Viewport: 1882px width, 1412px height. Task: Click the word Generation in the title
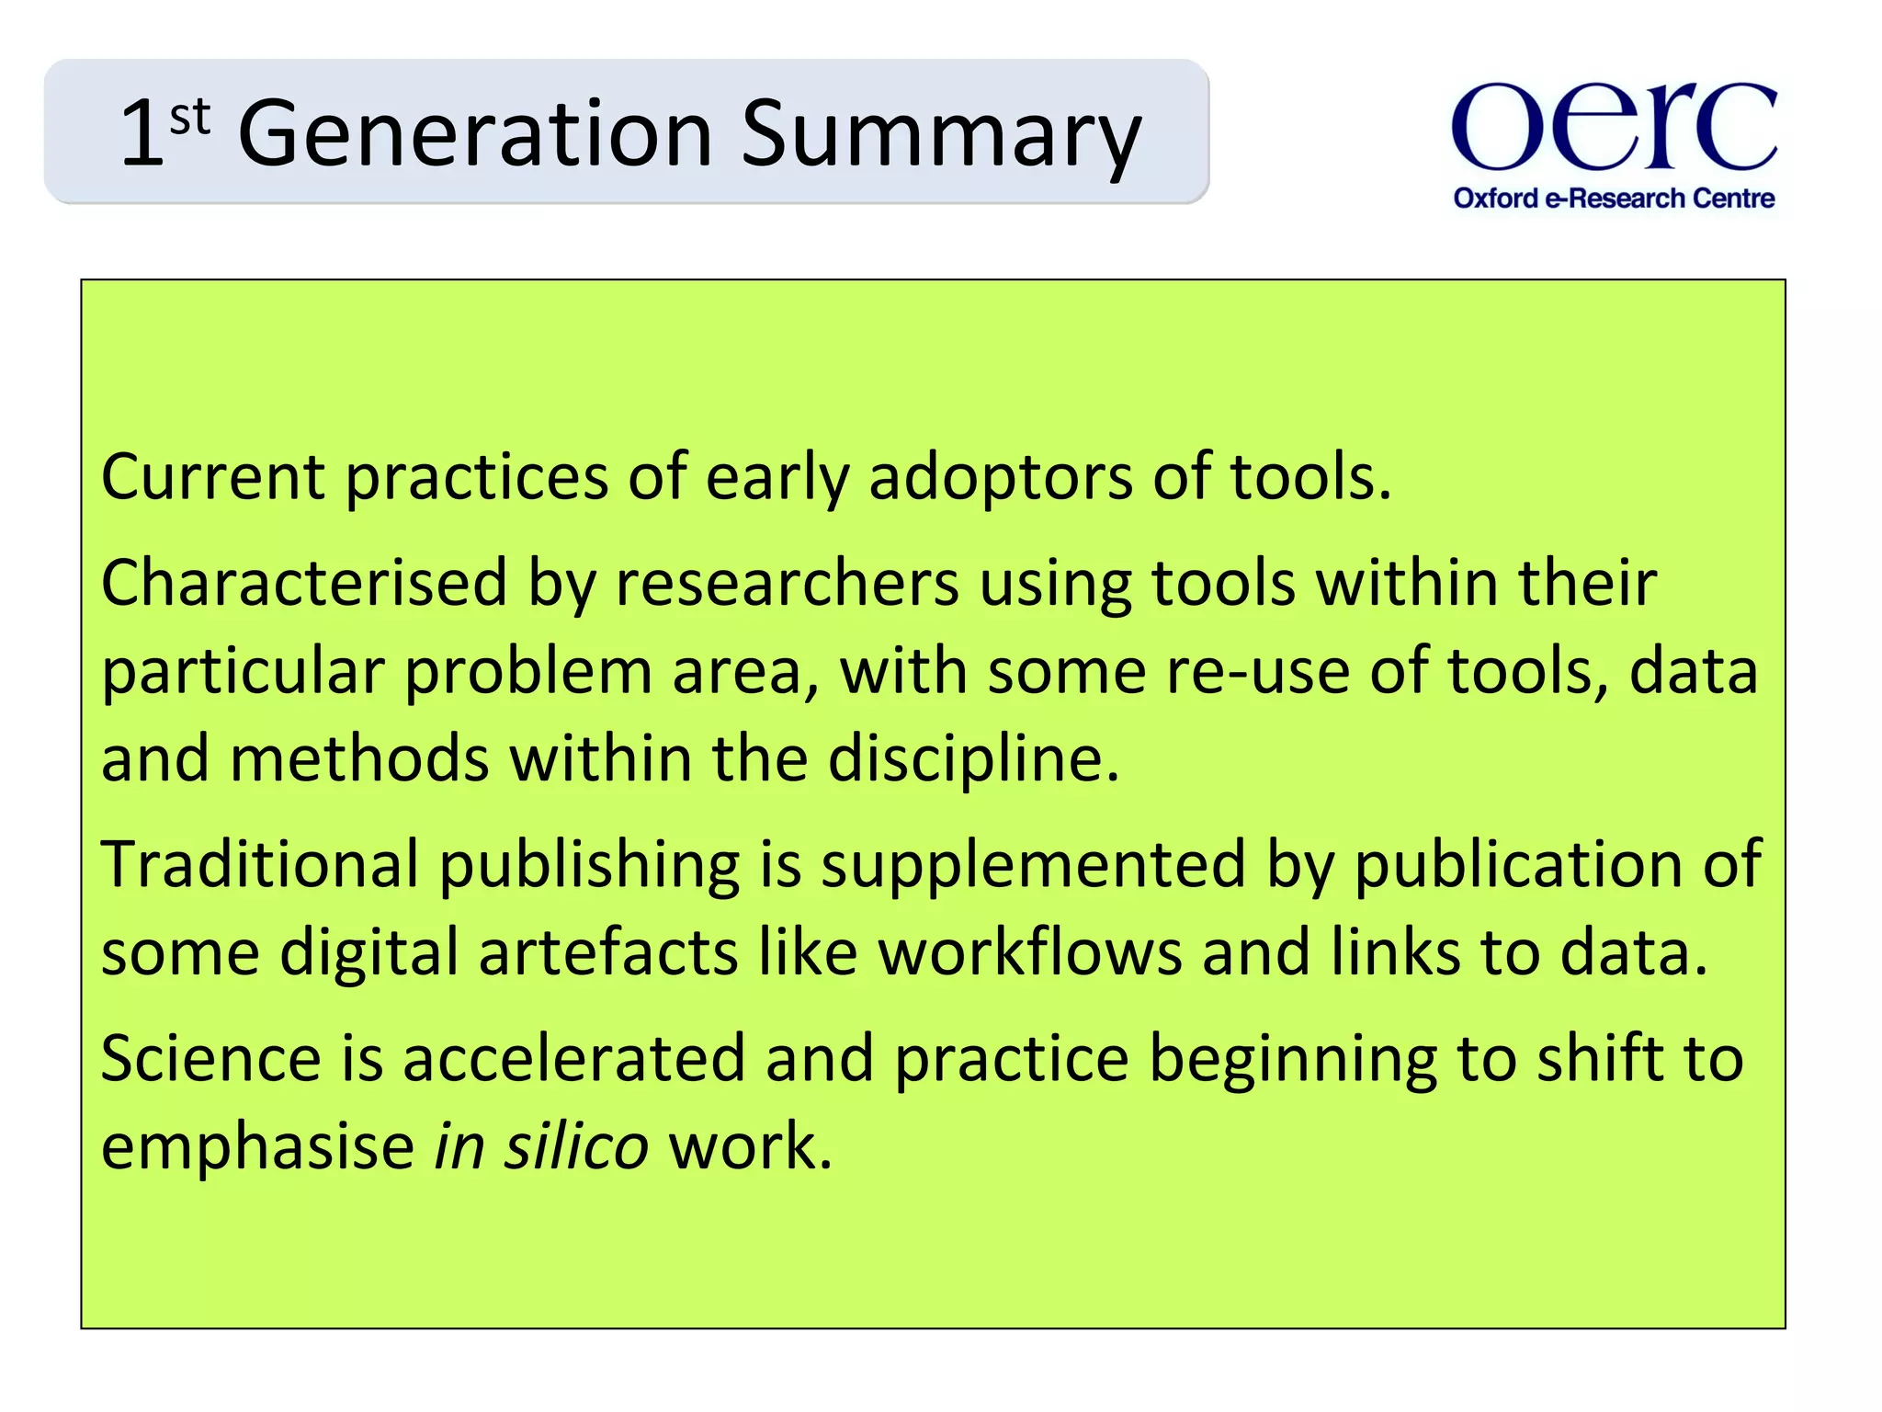tap(475, 134)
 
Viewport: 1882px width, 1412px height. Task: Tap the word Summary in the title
tap(940, 134)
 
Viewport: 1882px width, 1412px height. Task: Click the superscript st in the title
tap(190, 117)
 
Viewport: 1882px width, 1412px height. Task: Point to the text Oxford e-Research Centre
tap(1614, 199)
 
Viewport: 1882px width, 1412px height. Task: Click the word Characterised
tap(303, 583)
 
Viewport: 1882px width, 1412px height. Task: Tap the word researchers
tap(787, 583)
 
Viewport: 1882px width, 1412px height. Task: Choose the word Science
tap(210, 1058)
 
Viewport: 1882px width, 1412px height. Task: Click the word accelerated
tap(573, 1058)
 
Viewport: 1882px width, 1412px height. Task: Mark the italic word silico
tap(576, 1146)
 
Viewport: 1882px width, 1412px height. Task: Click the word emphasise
tap(257, 1146)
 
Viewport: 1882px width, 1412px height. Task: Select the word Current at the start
tap(212, 477)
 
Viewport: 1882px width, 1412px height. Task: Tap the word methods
tap(358, 758)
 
